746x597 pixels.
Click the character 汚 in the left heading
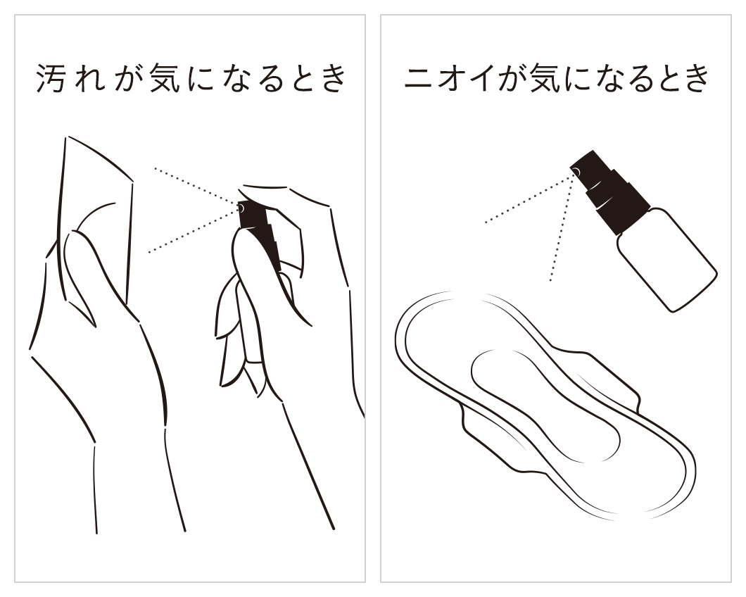(x=51, y=77)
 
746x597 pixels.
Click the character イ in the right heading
(x=484, y=77)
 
